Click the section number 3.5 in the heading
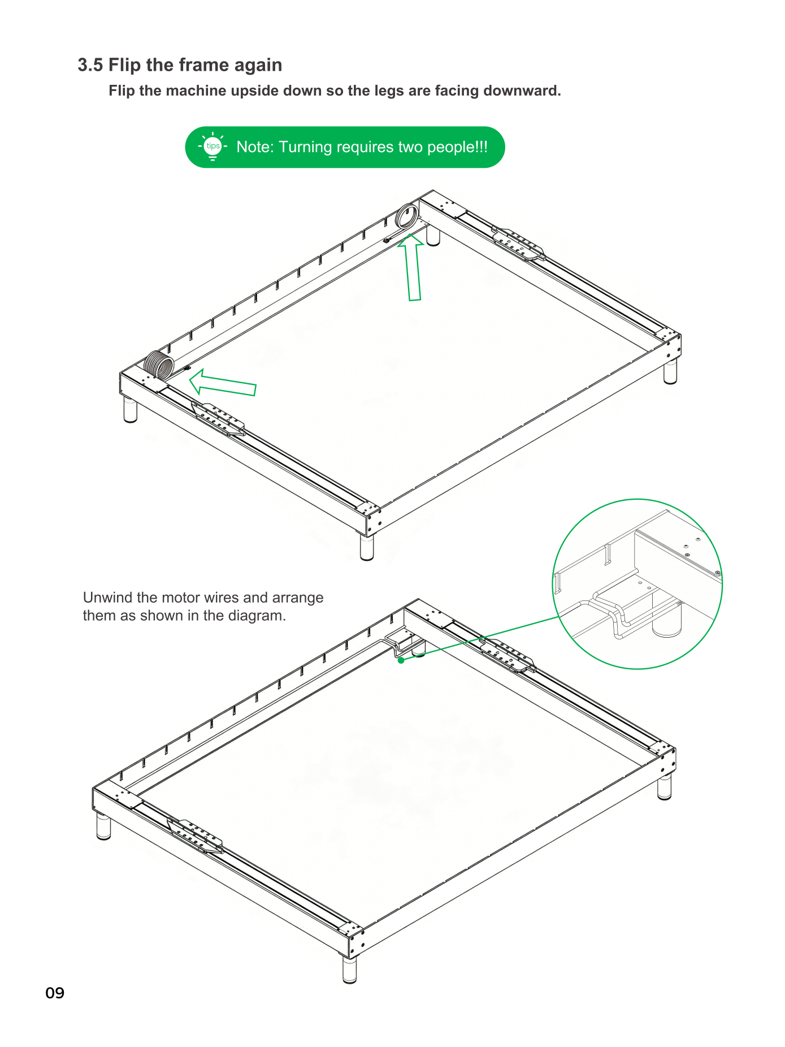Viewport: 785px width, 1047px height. [x=90, y=65]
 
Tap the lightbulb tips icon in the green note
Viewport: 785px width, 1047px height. [x=212, y=147]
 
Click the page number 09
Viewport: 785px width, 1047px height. [x=55, y=993]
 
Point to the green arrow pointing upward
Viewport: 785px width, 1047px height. [x=412, y=267]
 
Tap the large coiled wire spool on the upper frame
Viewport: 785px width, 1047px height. [x=159, y=364]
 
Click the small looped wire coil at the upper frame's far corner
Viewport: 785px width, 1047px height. [x=407, y=217]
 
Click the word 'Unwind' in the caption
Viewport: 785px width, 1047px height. [x=108, y=598]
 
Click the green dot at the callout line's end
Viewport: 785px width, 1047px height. [x=401, y=660]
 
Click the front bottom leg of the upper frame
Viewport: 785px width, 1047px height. [x=367, y=547]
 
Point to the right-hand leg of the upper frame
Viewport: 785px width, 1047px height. [x=670, y=371]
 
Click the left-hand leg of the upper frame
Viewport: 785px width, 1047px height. [x=131, y=409]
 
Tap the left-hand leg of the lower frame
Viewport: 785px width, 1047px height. [x=103, y=826]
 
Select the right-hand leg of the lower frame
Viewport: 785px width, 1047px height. [x=665, y=786]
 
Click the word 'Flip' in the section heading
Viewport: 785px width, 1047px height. [x=124, y=65]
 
